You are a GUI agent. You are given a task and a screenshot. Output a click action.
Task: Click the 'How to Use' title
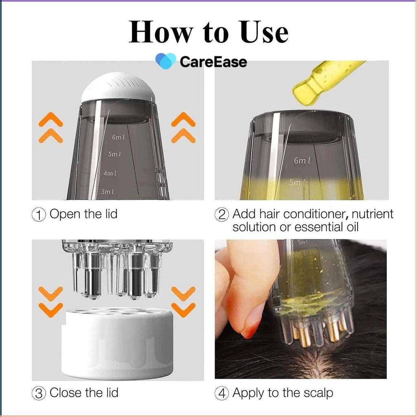[x=208, y=32]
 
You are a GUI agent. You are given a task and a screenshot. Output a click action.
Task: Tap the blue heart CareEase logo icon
[x=165, y=61]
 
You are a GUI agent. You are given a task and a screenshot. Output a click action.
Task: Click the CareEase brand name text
[x=213, y=62]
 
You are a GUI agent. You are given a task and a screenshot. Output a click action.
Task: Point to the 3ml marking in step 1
[x=107, y=191]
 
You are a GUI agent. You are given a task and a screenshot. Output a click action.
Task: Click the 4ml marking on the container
[x=110, y=173]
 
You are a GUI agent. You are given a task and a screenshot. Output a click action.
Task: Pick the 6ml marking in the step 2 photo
[x=302, y=161]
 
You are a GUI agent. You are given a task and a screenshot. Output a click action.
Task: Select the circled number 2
[x=222, y=215]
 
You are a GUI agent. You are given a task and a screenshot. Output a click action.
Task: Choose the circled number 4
[x=222, y=393]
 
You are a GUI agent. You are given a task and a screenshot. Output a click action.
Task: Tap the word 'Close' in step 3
[x=66, y=393]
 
